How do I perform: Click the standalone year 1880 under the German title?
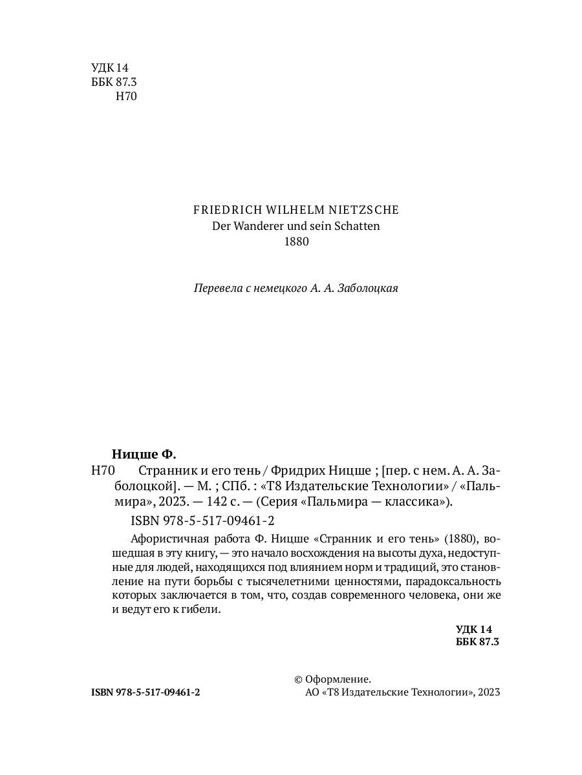(296, 242)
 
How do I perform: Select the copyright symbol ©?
(298, 679)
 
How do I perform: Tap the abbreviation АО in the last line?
(311, 692)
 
